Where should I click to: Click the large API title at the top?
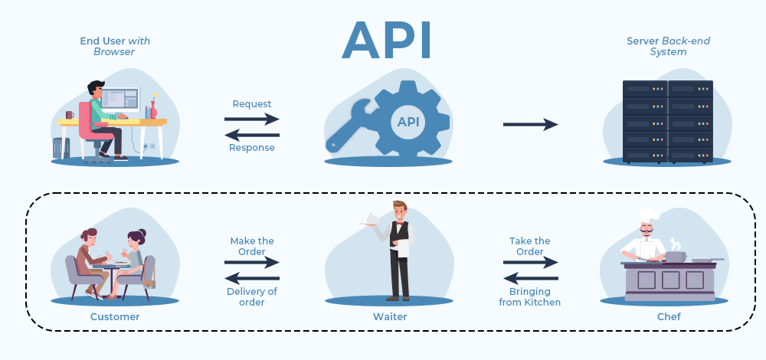click(x=387, y=39)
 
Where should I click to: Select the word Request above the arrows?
click(x=252, y=103)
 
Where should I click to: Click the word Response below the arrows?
click(x=252, y=147)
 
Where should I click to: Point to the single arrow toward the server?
click(x=530, y=124)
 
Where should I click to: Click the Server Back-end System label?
click(x=657, y=46)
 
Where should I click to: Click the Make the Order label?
click(x=252, y=246)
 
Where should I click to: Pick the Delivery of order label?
click(x=252, y=296)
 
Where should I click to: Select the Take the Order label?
click(x=530, y=246)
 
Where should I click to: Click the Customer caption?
click(x=115, y=316)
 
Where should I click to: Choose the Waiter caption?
click(x=391, y=316)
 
